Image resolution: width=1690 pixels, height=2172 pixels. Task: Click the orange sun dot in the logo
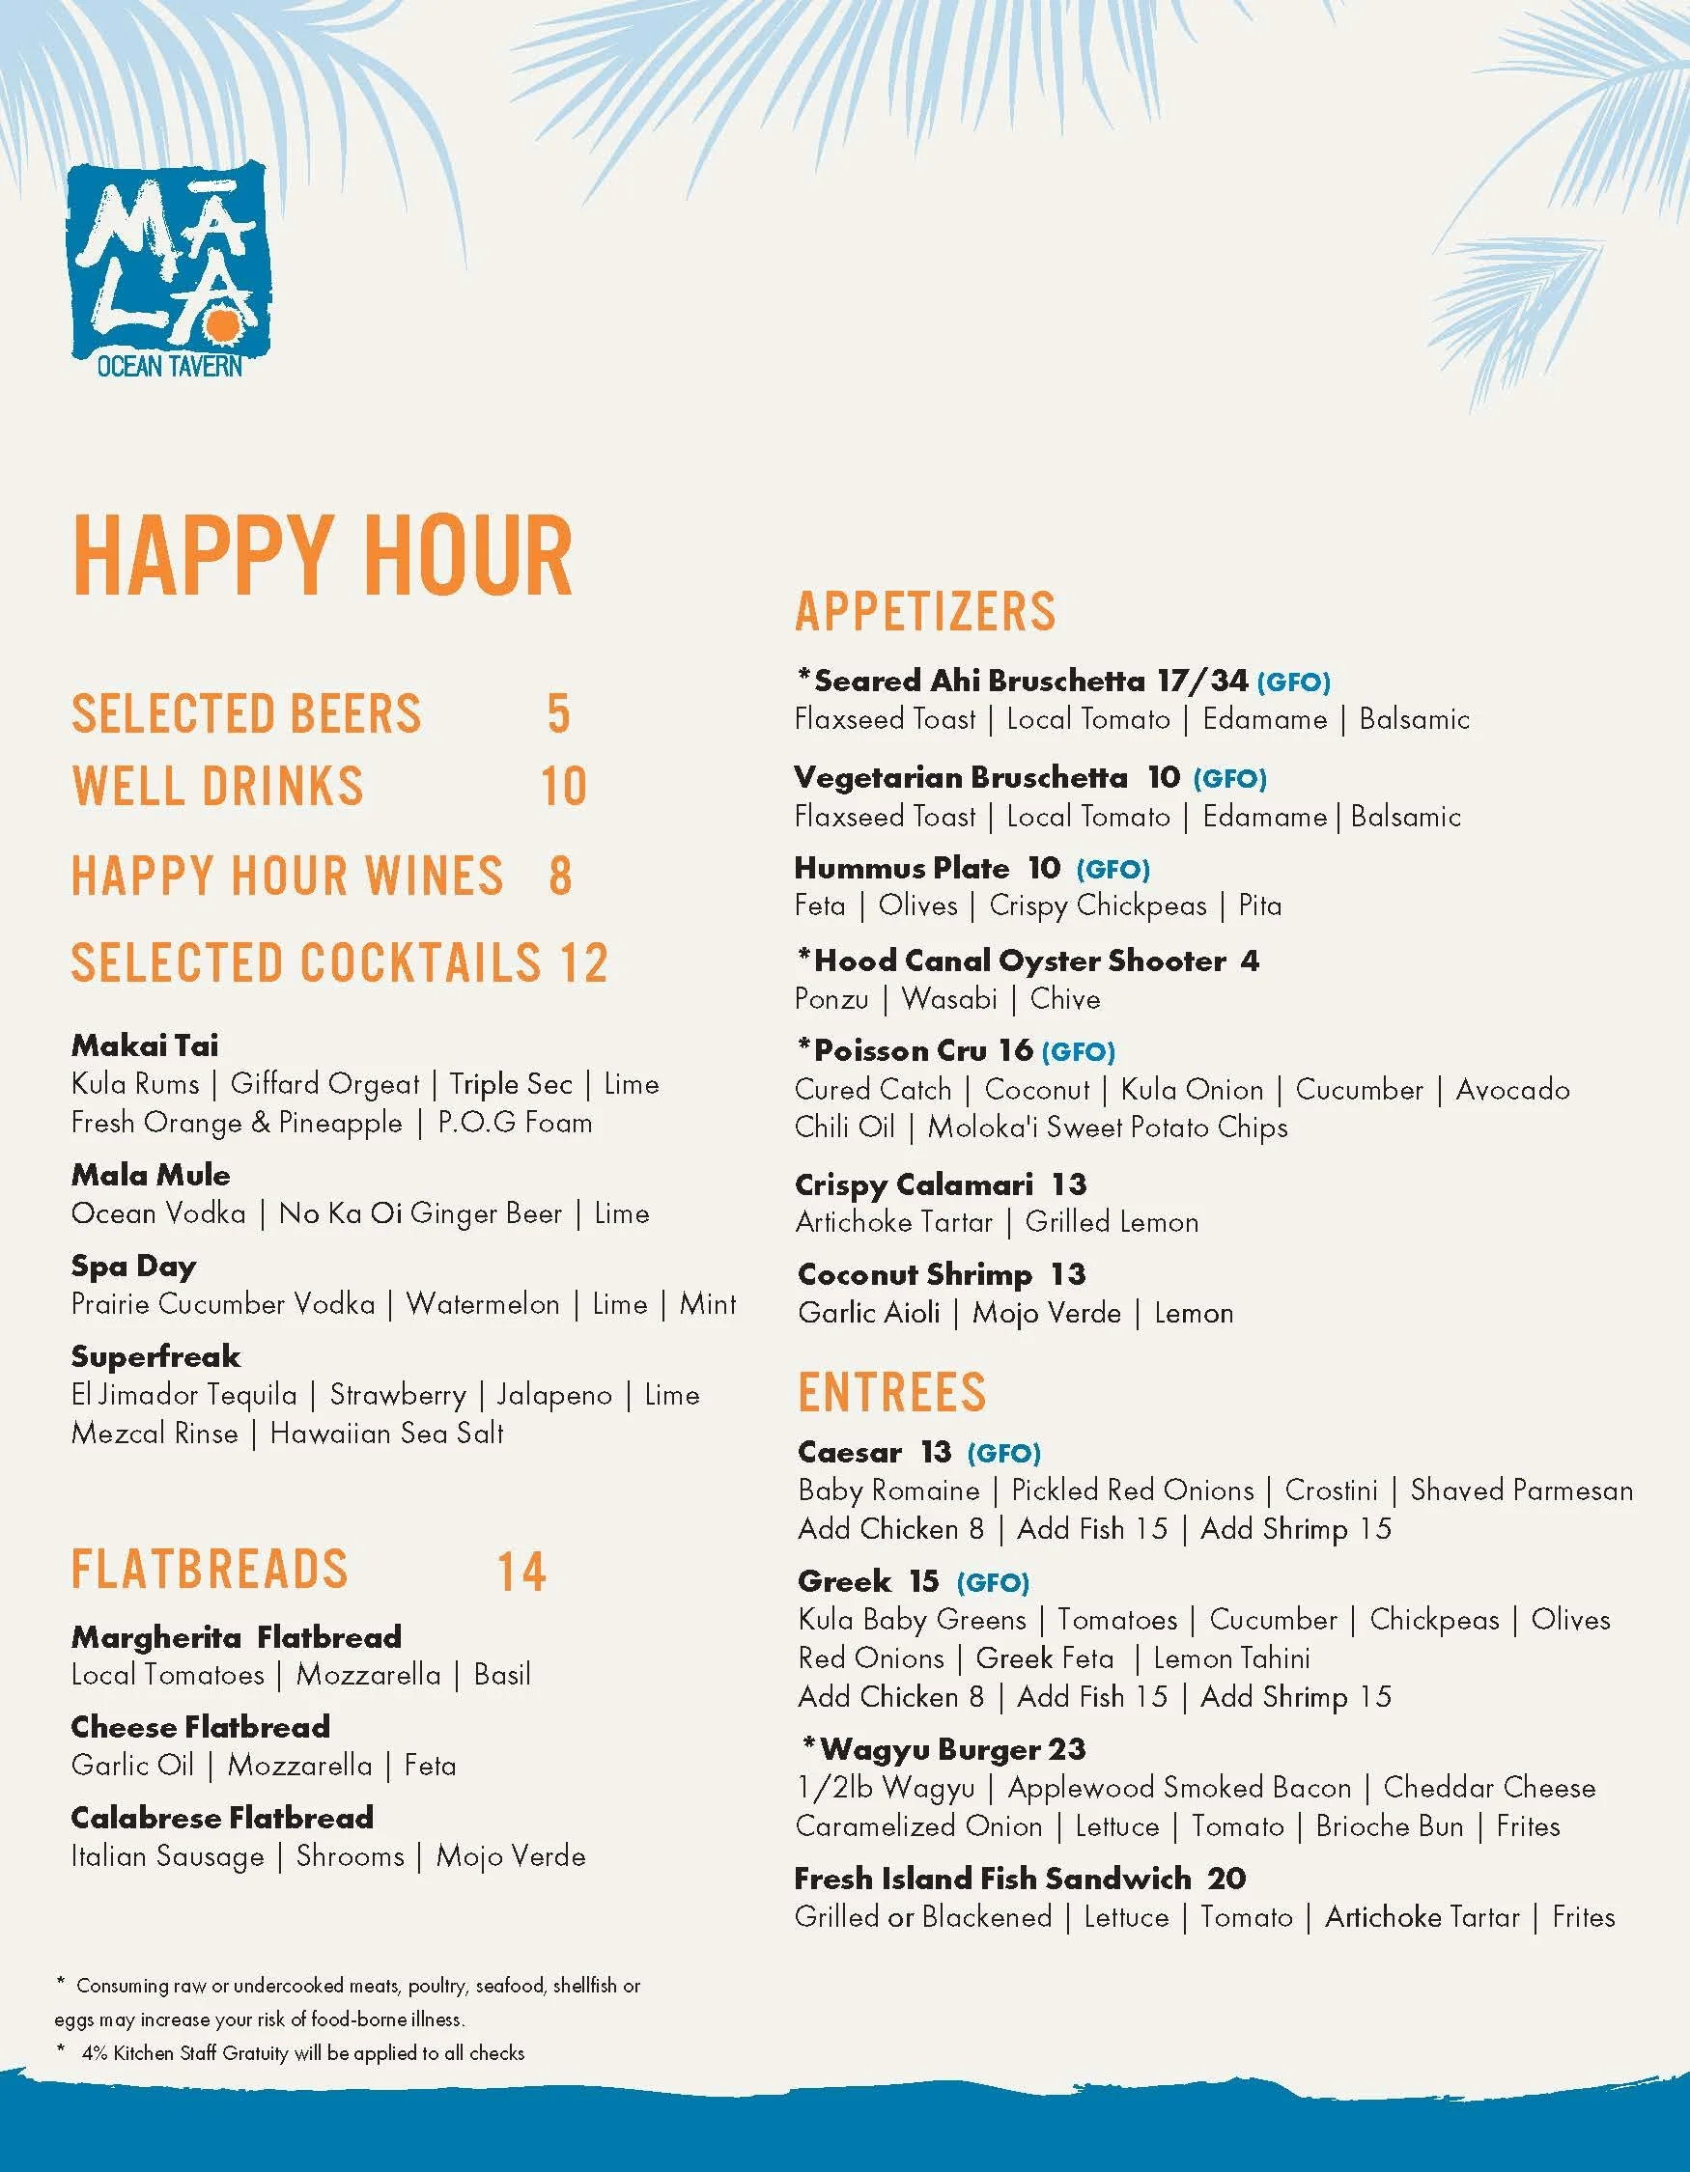[x=221, y=327]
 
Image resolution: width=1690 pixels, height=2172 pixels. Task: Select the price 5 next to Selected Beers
[x=559, y=714]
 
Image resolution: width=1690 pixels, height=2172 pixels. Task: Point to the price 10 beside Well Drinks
[x=563, y=787]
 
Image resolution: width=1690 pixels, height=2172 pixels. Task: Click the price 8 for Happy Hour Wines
[x=560, y=876]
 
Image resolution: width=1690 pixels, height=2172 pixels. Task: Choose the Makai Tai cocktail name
[x=145, y=1045]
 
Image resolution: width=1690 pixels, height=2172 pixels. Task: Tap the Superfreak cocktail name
[x=155, y=1356]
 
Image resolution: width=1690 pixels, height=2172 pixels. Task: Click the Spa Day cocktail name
[x=133, y=1266]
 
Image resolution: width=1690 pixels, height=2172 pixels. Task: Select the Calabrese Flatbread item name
[x=222, y=1817]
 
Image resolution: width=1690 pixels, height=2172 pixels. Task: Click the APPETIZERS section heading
[x=925, y=611]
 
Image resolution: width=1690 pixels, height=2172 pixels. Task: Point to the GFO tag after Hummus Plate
[x=1113, y=869]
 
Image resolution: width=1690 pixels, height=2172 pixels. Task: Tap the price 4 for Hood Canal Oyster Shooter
[x=1250, y=961]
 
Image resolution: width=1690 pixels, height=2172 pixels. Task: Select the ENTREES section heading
[x=891, y=1391]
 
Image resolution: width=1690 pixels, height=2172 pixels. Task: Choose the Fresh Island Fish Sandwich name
[x=992, y=1878]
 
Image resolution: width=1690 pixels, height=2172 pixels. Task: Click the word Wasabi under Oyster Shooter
[x=949, y=998]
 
